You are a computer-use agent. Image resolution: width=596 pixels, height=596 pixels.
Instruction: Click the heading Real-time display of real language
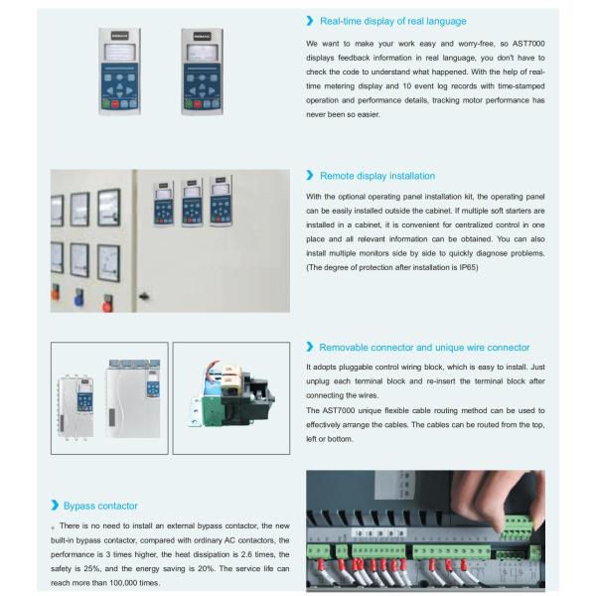tap(393, 21)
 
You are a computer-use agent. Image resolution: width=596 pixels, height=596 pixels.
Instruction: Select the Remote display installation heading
tap(377, 176)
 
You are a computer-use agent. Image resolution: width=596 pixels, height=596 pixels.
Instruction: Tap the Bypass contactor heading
tap(100, 506)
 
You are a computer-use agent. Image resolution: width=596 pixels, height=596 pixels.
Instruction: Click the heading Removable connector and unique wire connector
tap(424, 348)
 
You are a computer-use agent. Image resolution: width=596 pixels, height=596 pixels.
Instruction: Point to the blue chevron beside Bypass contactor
tap(55, 506)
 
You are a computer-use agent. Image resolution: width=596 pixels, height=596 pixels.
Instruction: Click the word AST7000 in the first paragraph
tap(528, 44)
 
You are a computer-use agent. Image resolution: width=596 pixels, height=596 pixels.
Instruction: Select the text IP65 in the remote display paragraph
tap(468, 267)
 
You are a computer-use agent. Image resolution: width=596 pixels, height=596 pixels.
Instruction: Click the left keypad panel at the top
tap(120, 72)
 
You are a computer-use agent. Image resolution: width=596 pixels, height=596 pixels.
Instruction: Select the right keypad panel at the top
tap(203, 72)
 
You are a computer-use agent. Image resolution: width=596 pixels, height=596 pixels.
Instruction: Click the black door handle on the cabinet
tap(144, 296)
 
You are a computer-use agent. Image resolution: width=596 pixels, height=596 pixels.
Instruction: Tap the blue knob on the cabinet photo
tap(78, 299)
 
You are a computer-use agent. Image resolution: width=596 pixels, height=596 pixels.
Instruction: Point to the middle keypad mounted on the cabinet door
tap(192, 203)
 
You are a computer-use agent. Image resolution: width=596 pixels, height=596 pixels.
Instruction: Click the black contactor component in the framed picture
tap(246, 397)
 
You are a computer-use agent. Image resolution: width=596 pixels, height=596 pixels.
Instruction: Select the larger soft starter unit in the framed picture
tap(133, 398)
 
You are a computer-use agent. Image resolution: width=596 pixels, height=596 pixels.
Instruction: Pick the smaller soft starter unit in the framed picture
tap(75, 407)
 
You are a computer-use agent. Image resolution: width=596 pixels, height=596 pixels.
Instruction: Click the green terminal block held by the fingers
tap(517, 527)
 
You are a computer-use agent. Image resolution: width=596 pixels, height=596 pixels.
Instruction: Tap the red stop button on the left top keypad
tap(115, 104)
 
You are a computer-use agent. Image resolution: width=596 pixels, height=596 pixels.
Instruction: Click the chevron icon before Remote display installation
tap(310, 175)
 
